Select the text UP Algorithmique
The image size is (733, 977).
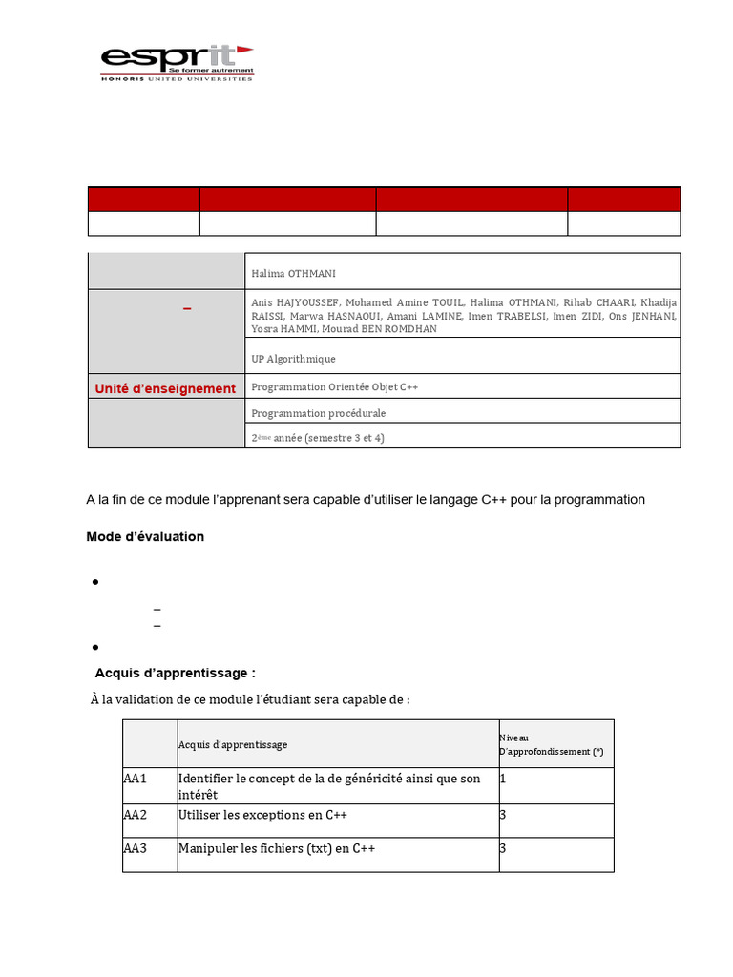293,359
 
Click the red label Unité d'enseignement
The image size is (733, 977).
165,388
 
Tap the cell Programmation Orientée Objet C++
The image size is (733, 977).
334,387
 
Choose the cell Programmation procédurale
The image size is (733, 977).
318,413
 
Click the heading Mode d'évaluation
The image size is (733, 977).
145,537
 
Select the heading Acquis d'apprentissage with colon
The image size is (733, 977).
175,673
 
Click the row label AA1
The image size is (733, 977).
136,779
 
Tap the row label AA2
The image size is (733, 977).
136,815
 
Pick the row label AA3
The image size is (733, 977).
136,848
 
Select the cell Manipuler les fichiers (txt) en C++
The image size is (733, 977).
276,848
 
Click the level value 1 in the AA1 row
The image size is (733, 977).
503,779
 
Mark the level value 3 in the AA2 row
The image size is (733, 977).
503,815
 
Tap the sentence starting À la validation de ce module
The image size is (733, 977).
250,699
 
